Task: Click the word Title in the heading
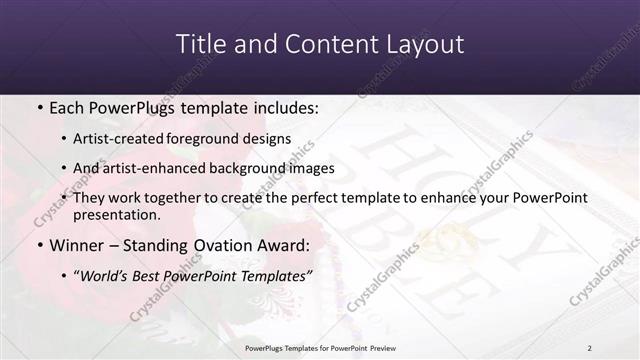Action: (198, 45)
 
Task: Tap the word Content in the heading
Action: (316, 45)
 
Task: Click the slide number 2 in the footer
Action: (589, 347)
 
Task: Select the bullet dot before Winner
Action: (39, 245)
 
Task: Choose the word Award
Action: (283, 245)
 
